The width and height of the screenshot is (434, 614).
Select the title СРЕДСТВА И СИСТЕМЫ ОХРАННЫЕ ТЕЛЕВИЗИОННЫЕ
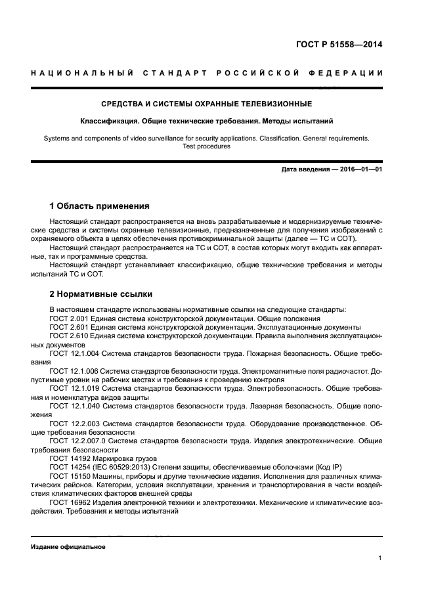pos(206,104)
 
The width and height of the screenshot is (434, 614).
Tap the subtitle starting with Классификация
pos(206,121)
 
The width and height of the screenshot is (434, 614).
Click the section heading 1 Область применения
pos(100,206)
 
